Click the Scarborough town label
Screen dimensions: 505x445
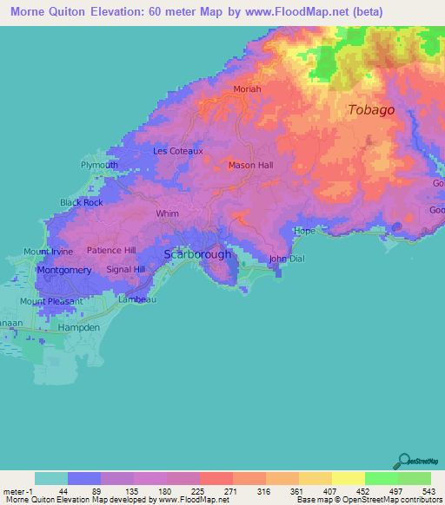[x=198, y=254]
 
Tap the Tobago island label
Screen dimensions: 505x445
[x=371, y=110]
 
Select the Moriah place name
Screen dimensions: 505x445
[x=248, y=89]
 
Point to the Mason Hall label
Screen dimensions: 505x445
[x=250, y=165]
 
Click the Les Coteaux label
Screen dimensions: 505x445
[x=177, y=150]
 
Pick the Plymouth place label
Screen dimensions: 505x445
[x=98, y=164]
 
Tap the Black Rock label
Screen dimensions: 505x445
[x=81, y=202]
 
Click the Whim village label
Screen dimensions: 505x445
[x=167, y=213]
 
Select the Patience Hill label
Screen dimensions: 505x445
[x=111, y=250]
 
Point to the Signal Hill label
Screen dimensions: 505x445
[x=125, y=269]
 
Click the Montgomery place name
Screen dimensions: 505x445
[x=65, y=270]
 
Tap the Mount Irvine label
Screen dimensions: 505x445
[x=49, y=252]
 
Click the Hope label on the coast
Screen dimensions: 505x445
[x=304, y=232]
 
